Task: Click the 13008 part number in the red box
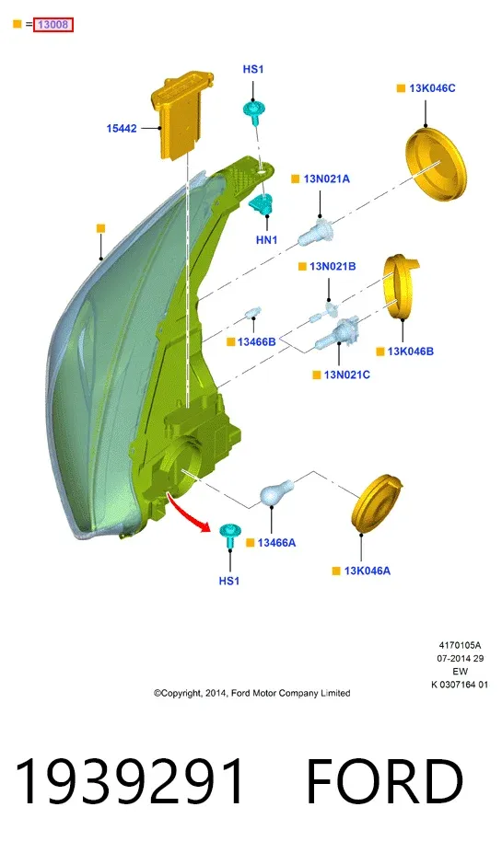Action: coord(53,25)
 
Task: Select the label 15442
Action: coord(122,129)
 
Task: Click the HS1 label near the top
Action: coord(253,69)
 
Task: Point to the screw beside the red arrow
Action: coord(229,536)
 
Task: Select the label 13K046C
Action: coord(432,88)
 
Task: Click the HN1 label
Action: coord(267,240)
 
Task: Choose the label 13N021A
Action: coord(327,179)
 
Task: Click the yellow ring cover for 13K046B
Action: coord(402,285)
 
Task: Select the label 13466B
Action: coord(256,341)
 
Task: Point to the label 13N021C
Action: coord(347,375)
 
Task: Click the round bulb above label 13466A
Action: coord(276,491)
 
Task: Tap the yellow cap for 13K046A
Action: coord(377,503)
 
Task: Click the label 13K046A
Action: coord(368,571)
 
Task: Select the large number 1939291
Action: coord(130,781)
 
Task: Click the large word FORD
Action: coord(384,781)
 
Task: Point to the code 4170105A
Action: coord(460,645)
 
